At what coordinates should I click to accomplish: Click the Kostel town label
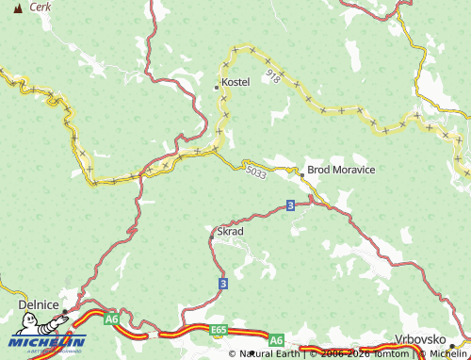click(235, 82)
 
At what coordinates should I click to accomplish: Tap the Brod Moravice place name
click(341, 170)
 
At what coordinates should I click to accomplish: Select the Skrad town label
click(231, 231)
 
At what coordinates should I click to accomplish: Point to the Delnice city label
click(38, 304)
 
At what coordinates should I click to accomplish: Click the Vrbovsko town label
click(421, 338)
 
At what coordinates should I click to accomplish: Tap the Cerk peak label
click(41, 7)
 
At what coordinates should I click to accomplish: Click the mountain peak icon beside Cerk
click(17, 8)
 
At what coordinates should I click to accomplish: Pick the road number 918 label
click(273, 74)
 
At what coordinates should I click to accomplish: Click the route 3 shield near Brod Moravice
click(290, 205)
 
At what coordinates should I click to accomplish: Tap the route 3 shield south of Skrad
click(222, 283)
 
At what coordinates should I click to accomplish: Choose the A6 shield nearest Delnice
click(111, 319)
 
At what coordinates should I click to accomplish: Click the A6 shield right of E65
click(276, 339)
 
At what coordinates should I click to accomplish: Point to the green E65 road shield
click(219, 330)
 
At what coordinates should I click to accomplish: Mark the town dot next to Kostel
click(217, 87)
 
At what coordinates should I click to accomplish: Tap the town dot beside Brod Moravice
click(301, 174)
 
